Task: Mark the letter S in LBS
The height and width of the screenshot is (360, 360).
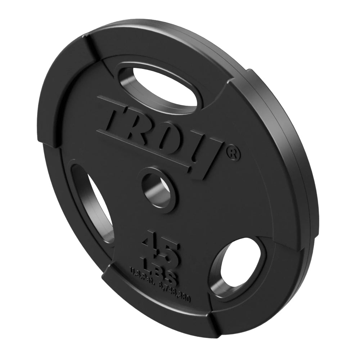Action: click(174, 278)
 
